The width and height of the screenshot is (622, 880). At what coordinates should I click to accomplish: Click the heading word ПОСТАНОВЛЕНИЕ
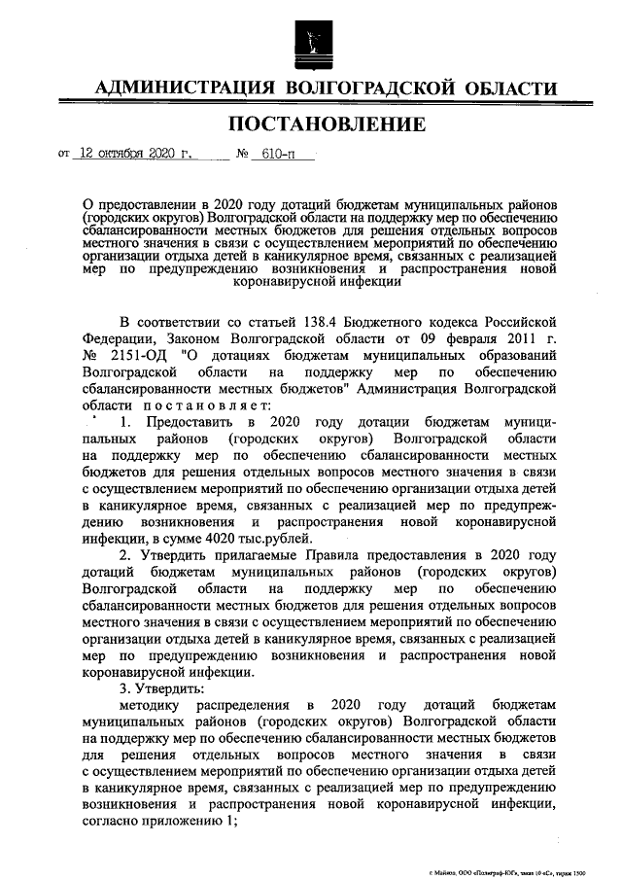(x=327, y=124)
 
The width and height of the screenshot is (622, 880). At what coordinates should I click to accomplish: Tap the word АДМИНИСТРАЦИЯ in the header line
(x=184, y=88)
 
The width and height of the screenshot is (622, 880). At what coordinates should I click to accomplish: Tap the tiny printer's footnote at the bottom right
(x=508, y=872)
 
